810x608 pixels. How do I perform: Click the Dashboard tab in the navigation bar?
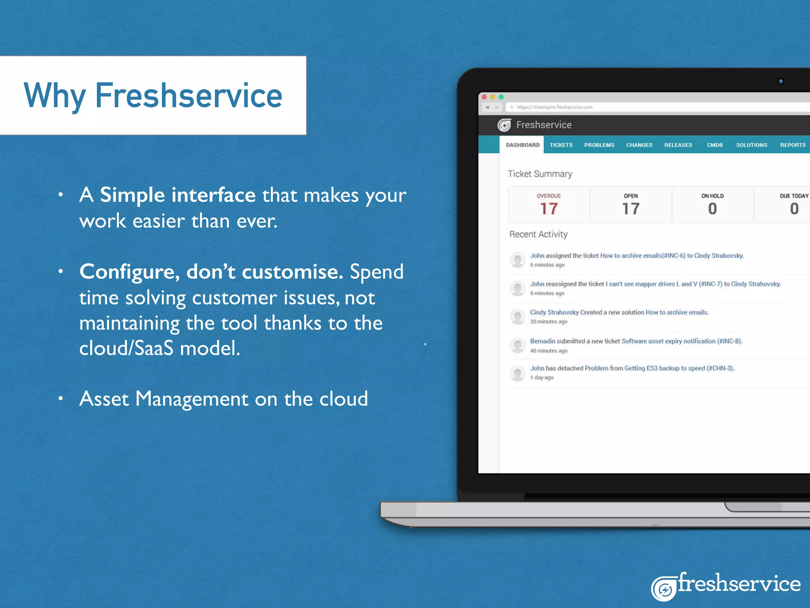coord(522,145)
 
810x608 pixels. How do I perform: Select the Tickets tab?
coord(561,145)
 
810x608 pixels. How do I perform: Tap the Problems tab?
coord(599,145)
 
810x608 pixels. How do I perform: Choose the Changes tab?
coord(639,145)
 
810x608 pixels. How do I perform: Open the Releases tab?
coord(678,145)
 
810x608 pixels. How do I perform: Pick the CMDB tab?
coord(715,145)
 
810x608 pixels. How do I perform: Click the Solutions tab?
coord(751,145)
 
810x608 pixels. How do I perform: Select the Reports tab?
coord(793,145)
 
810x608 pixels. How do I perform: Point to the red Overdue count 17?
coord(549,209)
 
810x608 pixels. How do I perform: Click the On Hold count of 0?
coord(712,209)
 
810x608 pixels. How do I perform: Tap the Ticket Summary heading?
coord(540,174)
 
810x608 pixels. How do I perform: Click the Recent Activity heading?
coord(538,234)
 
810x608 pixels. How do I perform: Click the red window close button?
coord(484,97)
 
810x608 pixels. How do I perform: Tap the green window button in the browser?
coord(501,97)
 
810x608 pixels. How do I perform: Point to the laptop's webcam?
coord(781,82)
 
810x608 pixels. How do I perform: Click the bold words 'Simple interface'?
coord(178,195)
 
